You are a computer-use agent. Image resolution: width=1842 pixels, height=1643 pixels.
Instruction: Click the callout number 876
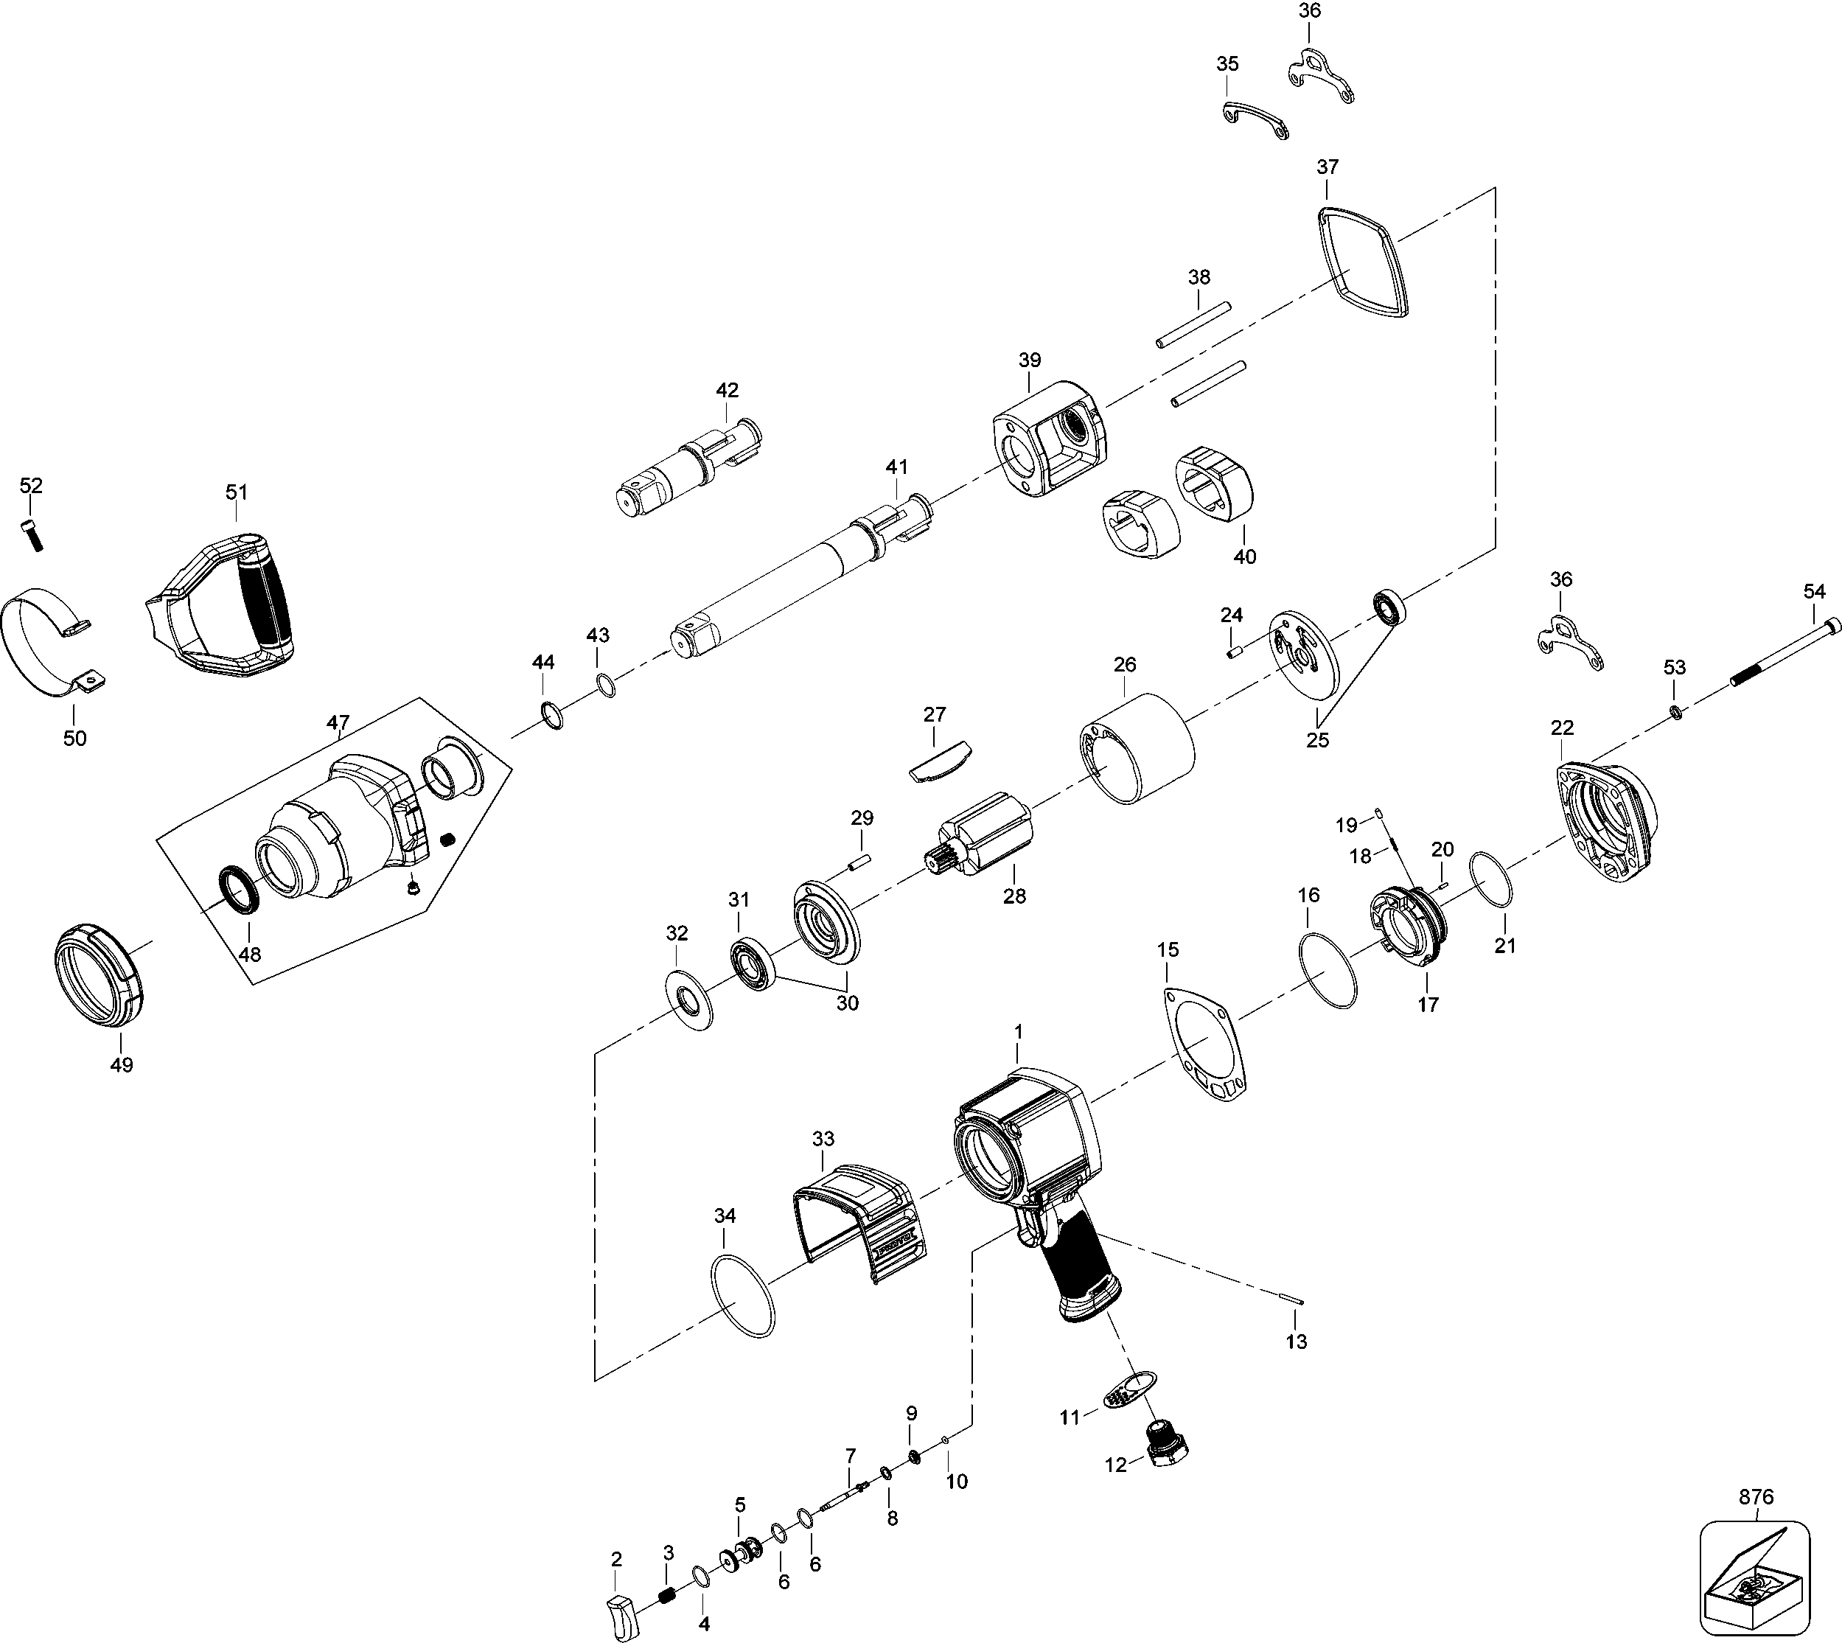pyautogui.click(x=1755, y=1497)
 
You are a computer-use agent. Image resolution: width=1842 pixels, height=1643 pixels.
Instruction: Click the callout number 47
pyautogui.click(x=338, y=722)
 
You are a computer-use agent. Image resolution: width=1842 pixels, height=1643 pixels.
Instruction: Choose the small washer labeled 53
pyautogui.click(x=1675, y=712)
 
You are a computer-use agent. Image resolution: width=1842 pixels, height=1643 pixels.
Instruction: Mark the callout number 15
pyautogui.click(x=1167, y=949)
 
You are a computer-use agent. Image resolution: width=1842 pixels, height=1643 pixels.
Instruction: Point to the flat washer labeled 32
pyautogui.click(x=689, y=1000)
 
